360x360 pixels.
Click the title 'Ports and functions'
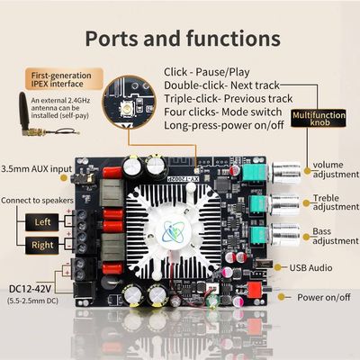pyautogui.click(x=180, y=39)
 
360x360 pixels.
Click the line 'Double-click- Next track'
pyautogui.click(x=222, y=87)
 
